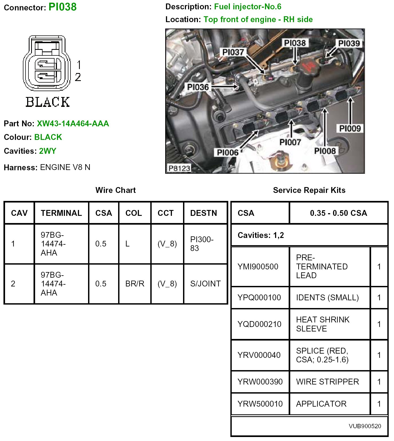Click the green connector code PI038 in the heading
click(63, 7)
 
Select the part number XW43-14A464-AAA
click(73, 124)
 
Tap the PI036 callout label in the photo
click(198, 87)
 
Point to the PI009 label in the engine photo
click(350, 129)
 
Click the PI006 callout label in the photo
click(228, 152)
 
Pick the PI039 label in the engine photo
click(349, 43)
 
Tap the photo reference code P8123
click(179, 168)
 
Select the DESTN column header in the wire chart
click(204, 213)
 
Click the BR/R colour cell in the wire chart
click(135, 284)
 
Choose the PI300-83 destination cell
click(202, 244)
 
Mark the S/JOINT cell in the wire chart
click(205, 284)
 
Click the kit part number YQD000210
click(259, 324)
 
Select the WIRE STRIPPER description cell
click(327, 382)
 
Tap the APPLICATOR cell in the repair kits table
click(321, 404)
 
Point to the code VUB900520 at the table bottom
click(365, 426)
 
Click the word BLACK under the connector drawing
click(48, 102)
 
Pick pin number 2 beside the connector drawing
click(78, 77)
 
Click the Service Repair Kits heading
click(309, 190)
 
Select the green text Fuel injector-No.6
click(248, 7)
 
